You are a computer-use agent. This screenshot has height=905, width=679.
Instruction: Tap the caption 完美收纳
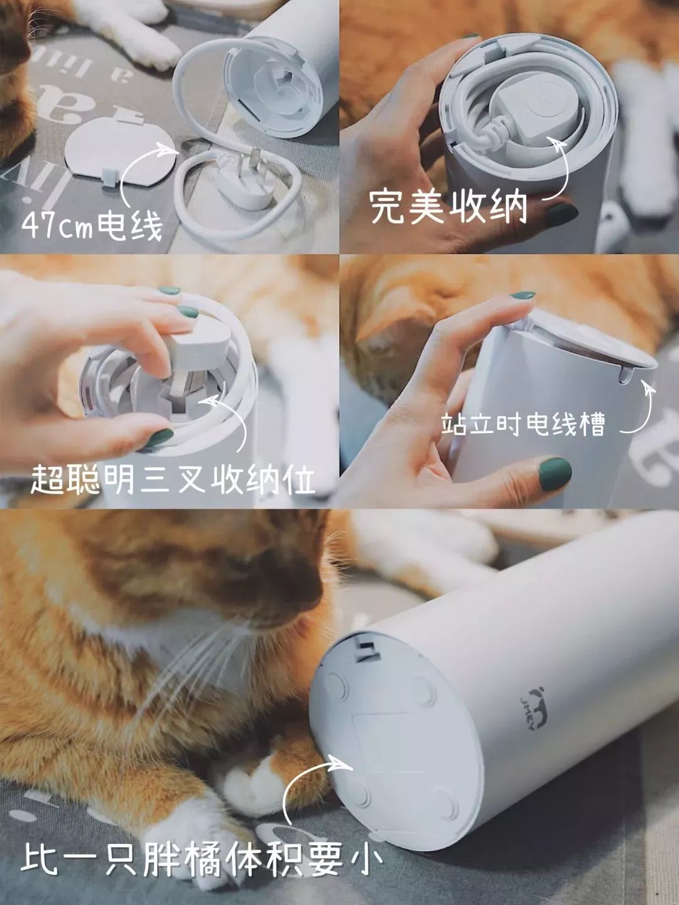tap(448, 206)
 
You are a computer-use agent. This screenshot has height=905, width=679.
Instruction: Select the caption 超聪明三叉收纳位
tap(172, 481)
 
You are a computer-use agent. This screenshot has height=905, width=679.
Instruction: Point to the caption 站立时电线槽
tap(522, 425)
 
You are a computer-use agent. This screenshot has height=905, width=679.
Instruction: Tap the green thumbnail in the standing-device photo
tap(555, 472)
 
